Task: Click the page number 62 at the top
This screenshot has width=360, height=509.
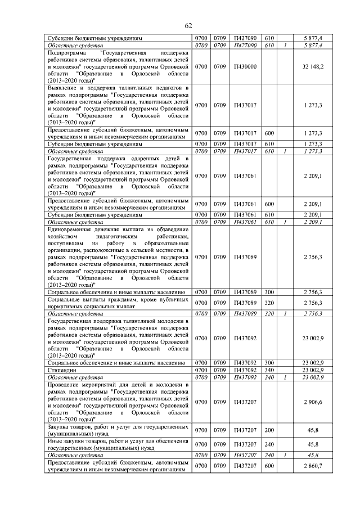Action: (188, 25)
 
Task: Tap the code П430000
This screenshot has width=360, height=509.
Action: (245, 66)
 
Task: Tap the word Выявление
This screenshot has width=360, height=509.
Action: (62, 88)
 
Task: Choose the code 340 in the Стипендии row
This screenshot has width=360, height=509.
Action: (269, 370)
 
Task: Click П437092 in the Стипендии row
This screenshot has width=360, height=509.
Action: (245, 370)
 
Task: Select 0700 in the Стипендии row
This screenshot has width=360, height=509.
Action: (201, 370)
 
